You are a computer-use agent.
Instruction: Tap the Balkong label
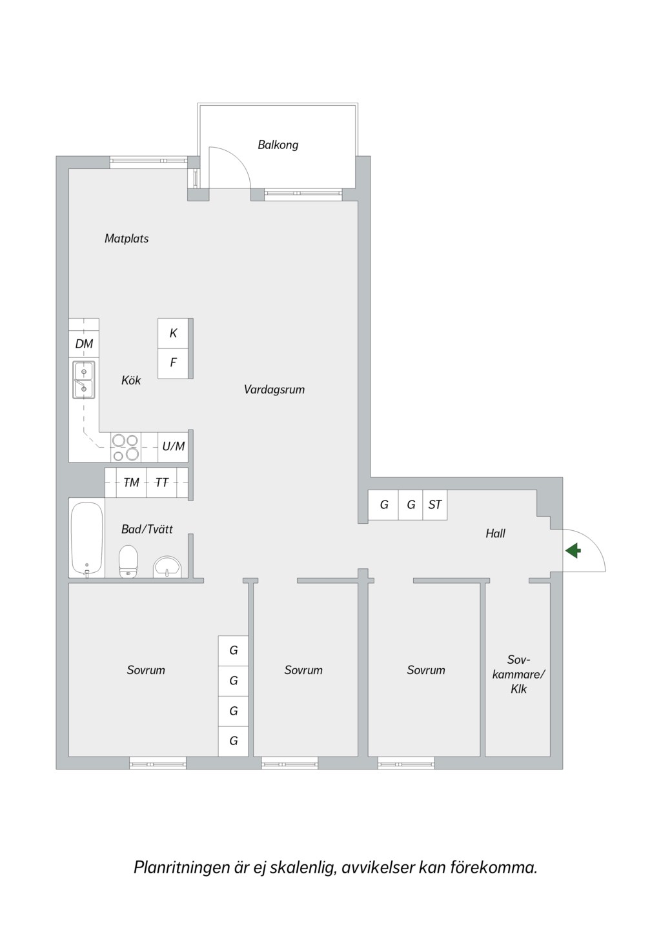click(278, 145)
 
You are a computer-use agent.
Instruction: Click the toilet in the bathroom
click(128, 561)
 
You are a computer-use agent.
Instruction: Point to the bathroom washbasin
click(167, 567)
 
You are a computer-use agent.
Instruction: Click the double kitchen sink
click(84, 380)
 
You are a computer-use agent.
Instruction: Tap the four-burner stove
click(126, 447)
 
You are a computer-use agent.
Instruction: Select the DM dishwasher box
click(84, 344)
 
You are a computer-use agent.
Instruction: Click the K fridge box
click(173, 333)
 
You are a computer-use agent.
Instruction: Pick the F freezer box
click(173, 363)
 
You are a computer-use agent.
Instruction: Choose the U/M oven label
click(174, 446)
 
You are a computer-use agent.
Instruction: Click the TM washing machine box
click(132, 482)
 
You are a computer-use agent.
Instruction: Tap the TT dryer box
click(162, 482)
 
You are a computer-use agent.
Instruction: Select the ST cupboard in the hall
click(435, 505)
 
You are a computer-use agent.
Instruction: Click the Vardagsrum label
click(274, 390)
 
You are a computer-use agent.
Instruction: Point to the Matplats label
click(127, 239)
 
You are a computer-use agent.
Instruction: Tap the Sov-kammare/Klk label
click(519, 674)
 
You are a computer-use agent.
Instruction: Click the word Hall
click(495, 533)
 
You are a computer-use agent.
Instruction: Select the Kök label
click(131, 381)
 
